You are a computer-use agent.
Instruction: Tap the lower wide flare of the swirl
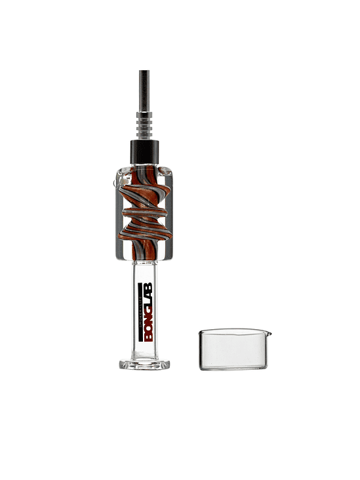click(142, 230)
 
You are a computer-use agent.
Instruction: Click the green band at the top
click(180, 30)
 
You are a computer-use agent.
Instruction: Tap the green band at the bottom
click(180, 450)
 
